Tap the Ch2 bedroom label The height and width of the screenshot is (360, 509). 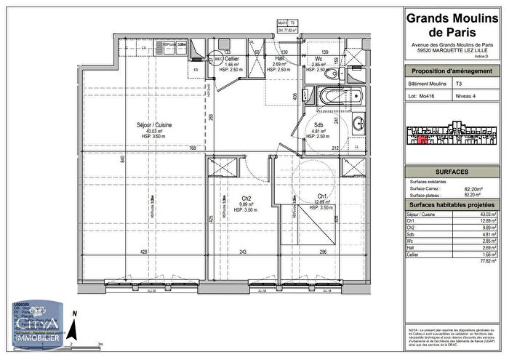click(x=247, y=199)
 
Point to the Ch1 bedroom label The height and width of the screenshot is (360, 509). click(x=321, y=196)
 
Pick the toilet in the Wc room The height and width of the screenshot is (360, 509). click(x=333, y=74)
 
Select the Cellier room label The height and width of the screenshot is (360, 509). click(x=232, y=59)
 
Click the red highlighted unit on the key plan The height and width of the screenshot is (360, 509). click(x=422, y=140)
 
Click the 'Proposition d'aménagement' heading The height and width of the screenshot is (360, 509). click(x=452, y=71)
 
